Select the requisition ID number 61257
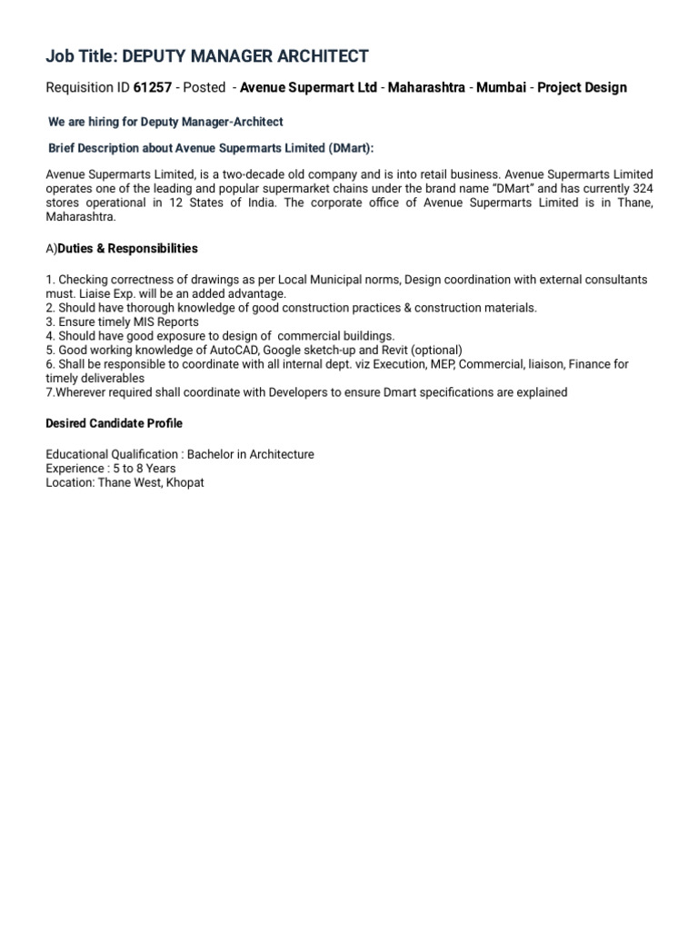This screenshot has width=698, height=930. point(153,87)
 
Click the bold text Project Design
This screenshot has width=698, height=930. point(582,87)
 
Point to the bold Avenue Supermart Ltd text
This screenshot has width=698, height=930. point(308,87)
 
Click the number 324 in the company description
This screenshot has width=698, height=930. point(642,188)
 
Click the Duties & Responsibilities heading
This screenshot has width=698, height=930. point(127,248)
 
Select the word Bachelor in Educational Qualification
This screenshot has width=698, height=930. point(211,454)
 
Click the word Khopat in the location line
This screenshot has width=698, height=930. point(184,482)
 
